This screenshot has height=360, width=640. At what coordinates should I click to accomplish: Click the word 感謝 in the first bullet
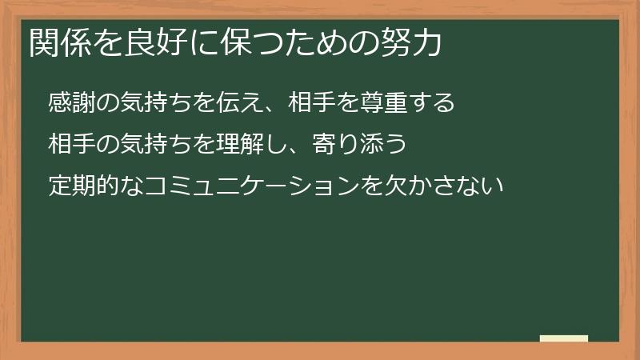click(x=70, y=103)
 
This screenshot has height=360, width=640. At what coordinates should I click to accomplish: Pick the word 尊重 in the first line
click(x=387, y=103)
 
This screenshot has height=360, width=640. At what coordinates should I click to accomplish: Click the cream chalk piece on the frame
click(x=563, y=338)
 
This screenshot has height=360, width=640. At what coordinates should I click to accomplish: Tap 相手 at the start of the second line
click(x=70, y=145)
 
